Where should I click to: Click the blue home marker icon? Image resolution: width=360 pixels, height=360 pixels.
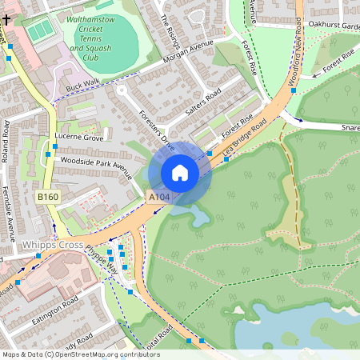click(x=180, y=173)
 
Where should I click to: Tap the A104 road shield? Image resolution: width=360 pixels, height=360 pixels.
click(x=158, y=196)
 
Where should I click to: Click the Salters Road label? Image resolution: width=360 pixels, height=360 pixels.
click(x=202, y=103)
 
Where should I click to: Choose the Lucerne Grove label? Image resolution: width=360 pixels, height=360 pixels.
click(x=78, y=138)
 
